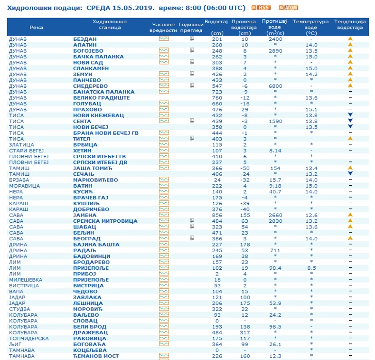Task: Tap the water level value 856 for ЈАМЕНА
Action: pyautogui.click(x=217, y=215)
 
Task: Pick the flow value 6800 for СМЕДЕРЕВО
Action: pyautogui.click(x=275, y=86)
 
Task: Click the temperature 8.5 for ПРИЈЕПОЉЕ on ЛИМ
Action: pyautogui.click(x=311, y=268)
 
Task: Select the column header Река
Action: pyautogui.click(x=36, y=28)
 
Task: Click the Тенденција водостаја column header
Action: pyautogui.click(x=350, y=25)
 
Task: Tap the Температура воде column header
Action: pyautogui.click(x=311, y=25)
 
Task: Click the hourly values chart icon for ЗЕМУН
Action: pyautogui.click(x=164, y=74)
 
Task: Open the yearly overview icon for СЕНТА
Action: pyautogui.click(x=192, y=121)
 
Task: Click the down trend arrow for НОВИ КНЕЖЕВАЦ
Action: pyautogui.click(x=350, y=115)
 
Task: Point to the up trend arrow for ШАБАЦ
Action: pyautogui.click(x=350, y=227)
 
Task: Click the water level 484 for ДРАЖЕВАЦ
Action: pyautogui.click(x=217, y=332)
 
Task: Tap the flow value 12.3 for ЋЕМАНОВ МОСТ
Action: pyautogui.click(x=275, y=356)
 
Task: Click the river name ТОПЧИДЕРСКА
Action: pyautogui.click(x=28, y=338)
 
